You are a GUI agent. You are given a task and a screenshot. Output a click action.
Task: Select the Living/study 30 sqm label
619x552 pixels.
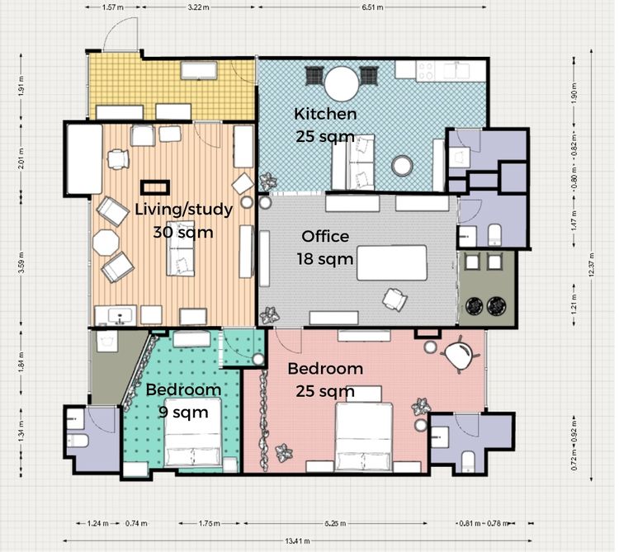[x=183, y=220]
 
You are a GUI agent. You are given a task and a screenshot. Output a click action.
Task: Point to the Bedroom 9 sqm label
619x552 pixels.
[x=183, y=399]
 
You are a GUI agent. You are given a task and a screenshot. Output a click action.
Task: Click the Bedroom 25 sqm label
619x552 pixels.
[x=325, y=379]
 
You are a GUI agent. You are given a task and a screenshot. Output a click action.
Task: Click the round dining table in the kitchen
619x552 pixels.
[x=339, y=83]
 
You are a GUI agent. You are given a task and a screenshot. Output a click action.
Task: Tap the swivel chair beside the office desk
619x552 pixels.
[x=395, y=300]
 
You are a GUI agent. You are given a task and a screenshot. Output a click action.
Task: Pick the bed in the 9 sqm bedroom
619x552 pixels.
[x=193, y=437]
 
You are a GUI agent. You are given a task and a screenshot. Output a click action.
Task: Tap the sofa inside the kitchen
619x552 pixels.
[x=353, y=163]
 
